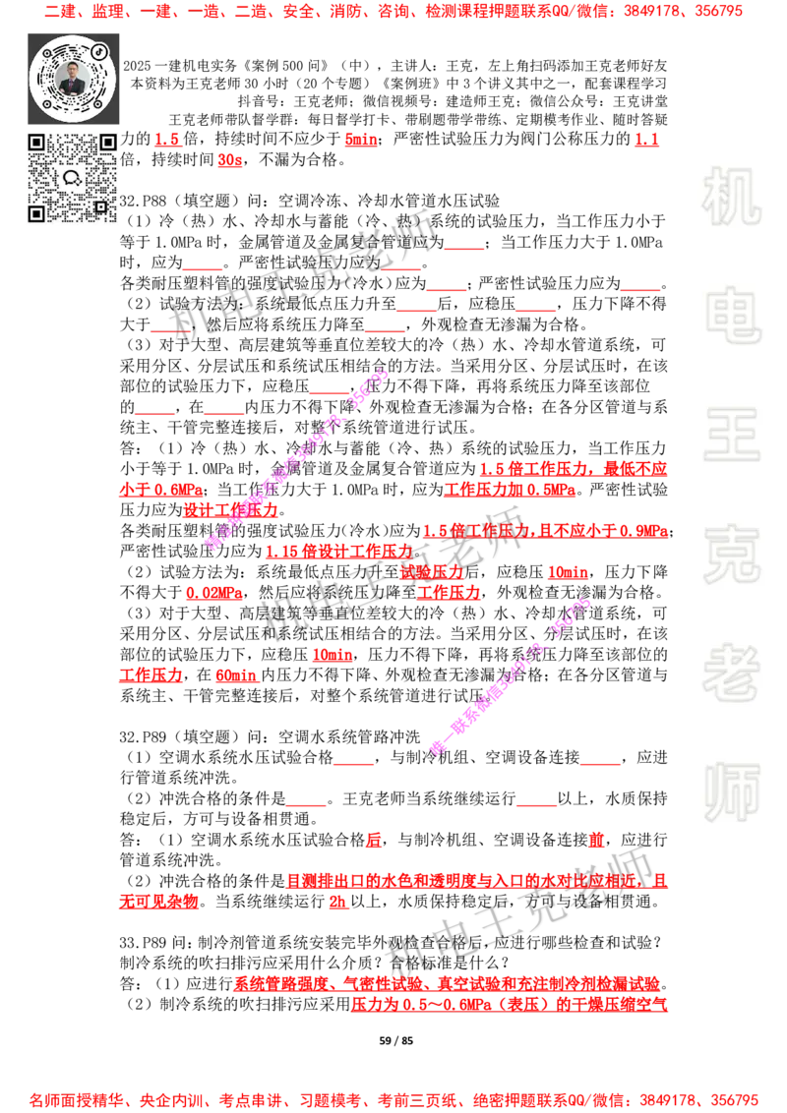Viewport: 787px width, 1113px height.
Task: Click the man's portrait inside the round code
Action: (73, 78)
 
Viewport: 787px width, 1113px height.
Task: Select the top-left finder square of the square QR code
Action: (36, 143)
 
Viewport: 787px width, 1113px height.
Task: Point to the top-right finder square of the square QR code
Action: (107, 143)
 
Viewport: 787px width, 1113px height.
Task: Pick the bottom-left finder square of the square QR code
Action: (36, 212)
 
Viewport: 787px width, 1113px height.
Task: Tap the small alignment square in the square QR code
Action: (100, 206)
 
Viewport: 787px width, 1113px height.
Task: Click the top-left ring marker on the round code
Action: (46, 52)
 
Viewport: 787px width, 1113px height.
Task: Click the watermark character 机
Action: (731, 197)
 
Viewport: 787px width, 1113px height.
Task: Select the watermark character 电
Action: (735, 315)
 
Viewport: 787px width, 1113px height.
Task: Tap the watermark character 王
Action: (731, 437)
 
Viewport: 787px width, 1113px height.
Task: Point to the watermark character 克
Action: (731, 555)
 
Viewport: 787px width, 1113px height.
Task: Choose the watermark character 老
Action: (731, 673)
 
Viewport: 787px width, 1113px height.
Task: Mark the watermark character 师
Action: (731, 793)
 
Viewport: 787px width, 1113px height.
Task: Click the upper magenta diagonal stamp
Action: (295, 460)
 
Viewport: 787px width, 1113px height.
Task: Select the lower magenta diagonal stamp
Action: (512, 676)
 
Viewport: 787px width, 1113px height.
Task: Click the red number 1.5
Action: (166, 140)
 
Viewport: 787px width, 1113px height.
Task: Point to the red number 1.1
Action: (645, 140)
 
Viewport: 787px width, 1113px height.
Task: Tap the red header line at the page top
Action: (393, 13)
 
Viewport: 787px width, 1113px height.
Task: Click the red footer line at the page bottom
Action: (393, 1099)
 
